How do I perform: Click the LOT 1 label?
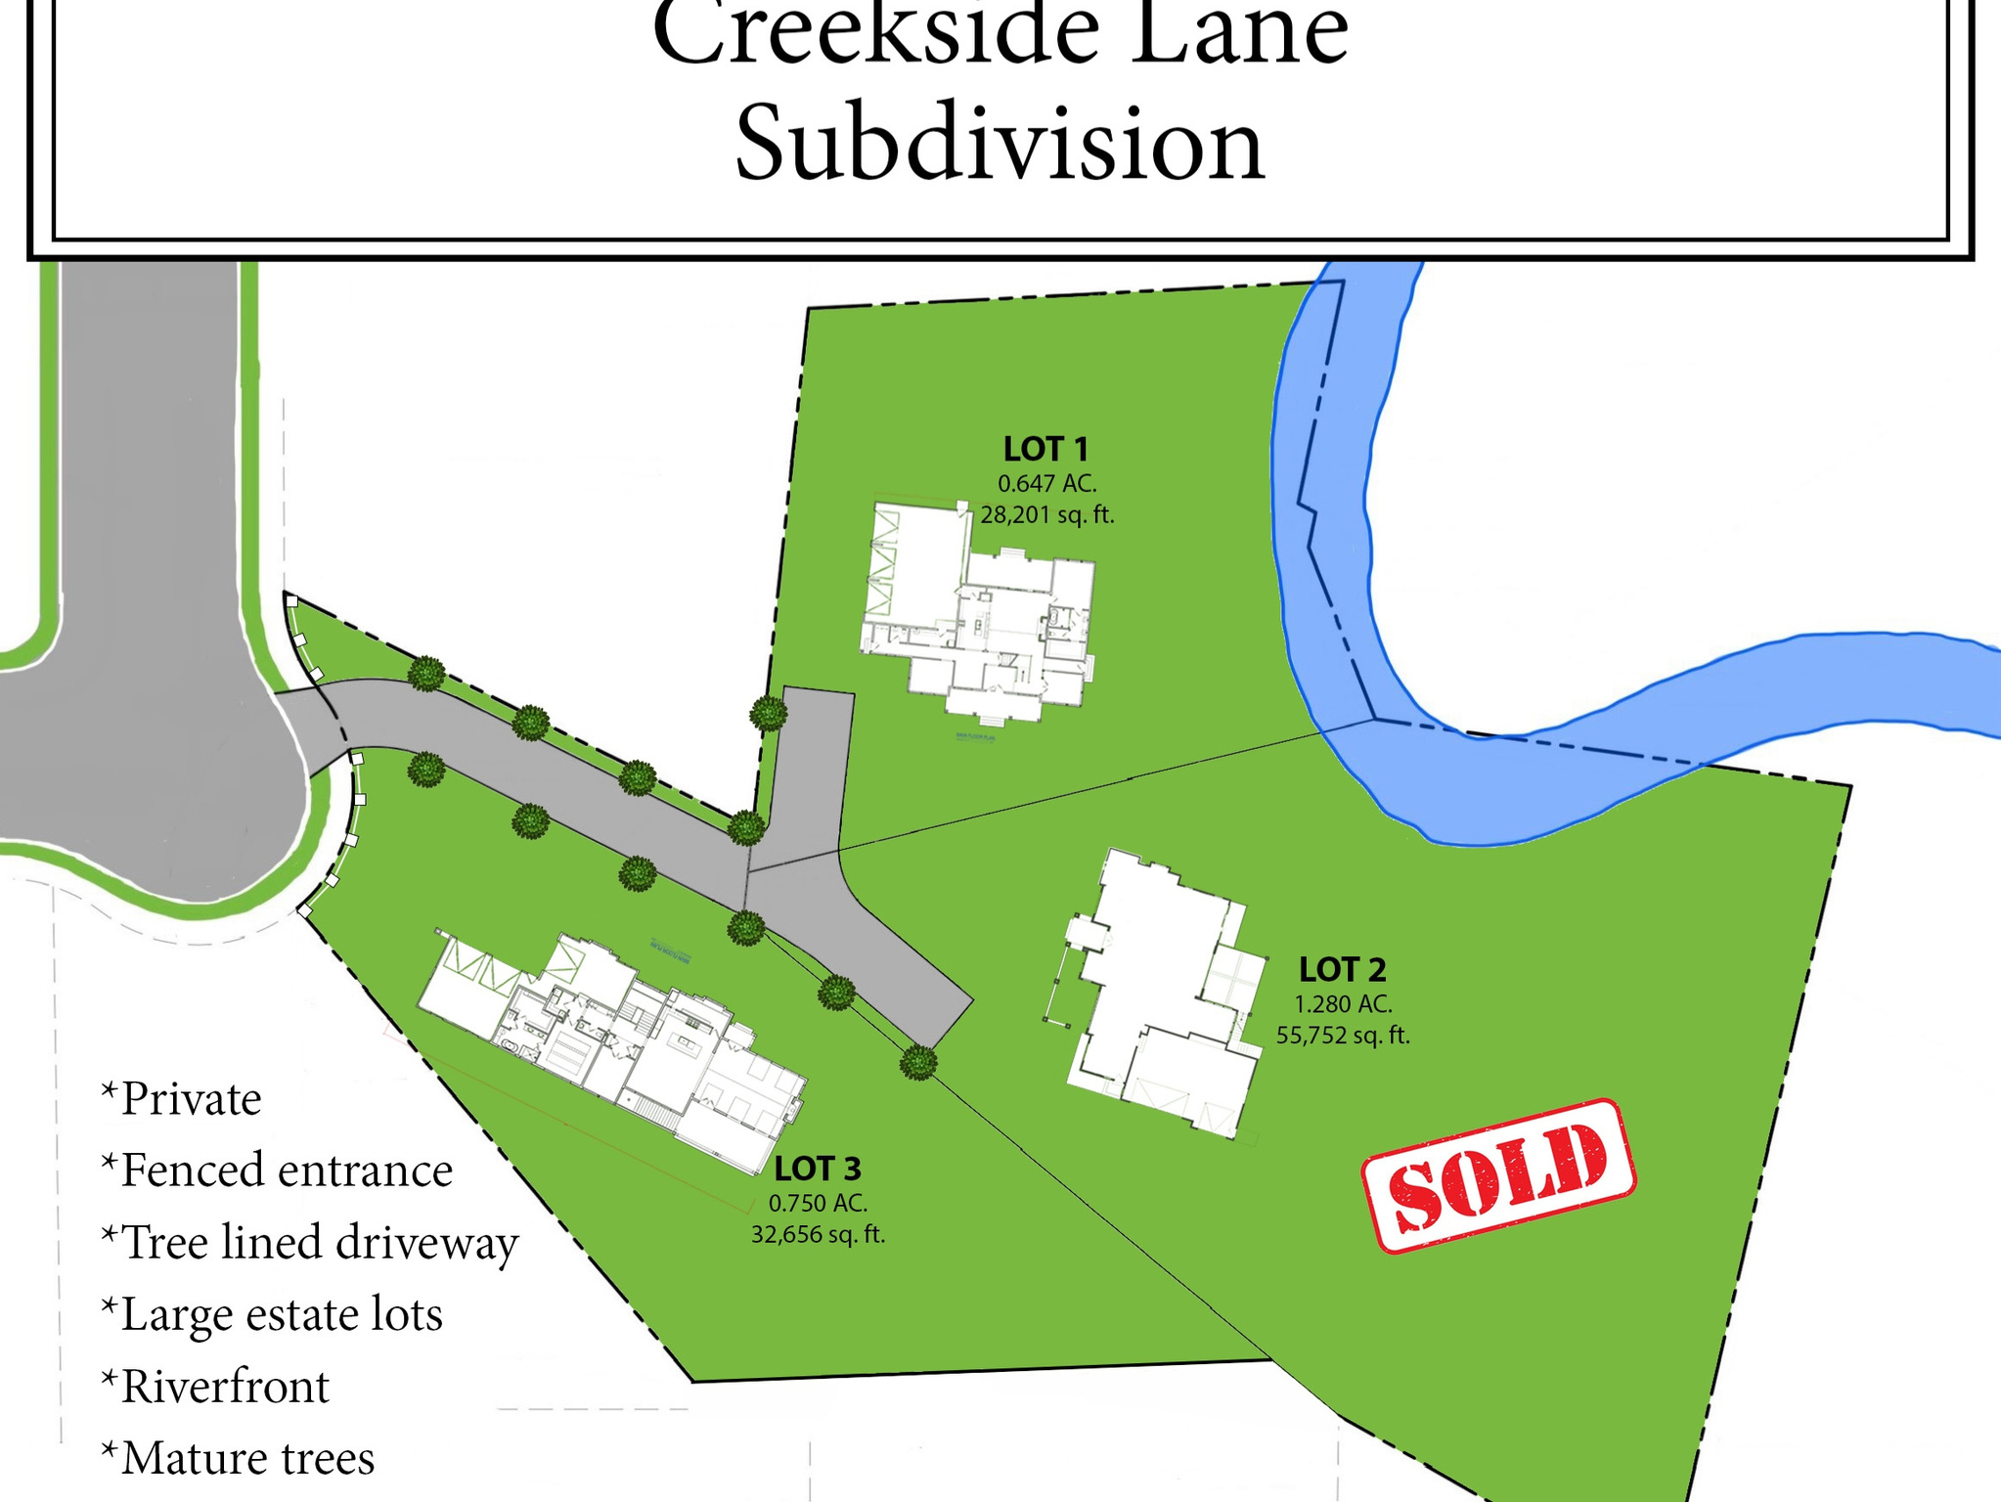tap(1045, 450)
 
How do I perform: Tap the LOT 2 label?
tap(1342, 970)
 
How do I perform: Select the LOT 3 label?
tap(818, 1169)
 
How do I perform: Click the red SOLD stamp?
tap(1498, 1175)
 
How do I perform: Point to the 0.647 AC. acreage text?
tap(1046, 483)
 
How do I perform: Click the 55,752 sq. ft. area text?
tap(1343, 1035)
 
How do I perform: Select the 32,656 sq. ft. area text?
tap(818, 1235)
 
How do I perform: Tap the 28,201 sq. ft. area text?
tap(1047, 514)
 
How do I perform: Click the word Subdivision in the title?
tap(1000, 145)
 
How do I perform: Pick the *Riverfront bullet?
tap(216, 1387)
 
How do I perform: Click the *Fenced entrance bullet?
tap(277, 1171)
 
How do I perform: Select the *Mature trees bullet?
tap(238, 1458)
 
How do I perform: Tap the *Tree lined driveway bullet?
tap(310, 1243)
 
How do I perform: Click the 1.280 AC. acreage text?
tap(1343, 1004)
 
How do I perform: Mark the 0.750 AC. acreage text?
tap(818, 1203)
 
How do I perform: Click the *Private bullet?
tap(182, 1099)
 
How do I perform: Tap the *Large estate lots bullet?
tap(272, 1314)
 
